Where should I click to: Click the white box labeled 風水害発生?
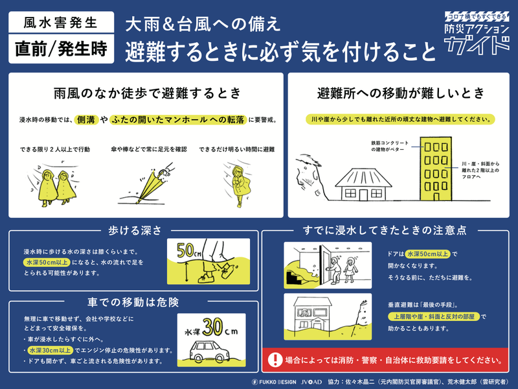tap(60, 22)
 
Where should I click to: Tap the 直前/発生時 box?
tap(60, 49)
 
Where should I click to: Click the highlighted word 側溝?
tap(88, 121)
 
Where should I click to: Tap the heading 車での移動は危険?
tap(133, 302)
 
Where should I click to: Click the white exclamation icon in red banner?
tap(276, 359)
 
